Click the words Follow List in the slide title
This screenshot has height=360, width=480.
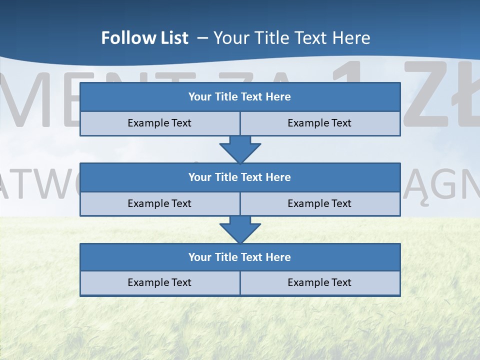click(144, 38)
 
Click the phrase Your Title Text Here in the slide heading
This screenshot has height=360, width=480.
click(291, 38)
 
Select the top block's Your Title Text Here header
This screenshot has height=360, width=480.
click(239, 97)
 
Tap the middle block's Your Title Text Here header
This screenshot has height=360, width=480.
click(239, 177)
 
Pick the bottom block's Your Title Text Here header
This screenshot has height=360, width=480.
click(239, 257)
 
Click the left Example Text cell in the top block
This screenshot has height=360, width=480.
click(159, 123)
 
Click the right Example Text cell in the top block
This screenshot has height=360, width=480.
click(319, 123)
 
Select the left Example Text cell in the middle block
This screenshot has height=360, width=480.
click(159, 203)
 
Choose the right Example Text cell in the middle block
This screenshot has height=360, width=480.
click(319, 203)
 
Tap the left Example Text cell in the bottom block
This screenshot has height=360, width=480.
click(159, 282)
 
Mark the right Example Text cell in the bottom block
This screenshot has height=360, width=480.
click(319, 282)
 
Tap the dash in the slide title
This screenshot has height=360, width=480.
click(202, 38)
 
